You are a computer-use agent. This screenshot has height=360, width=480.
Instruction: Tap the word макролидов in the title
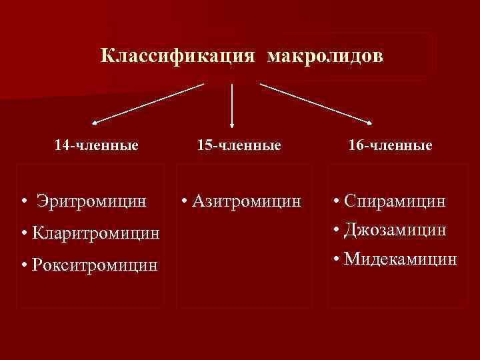pos(325,56)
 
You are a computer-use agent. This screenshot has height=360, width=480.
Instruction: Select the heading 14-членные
pos(97,145)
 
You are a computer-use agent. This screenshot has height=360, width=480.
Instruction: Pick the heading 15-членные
pos(239,145)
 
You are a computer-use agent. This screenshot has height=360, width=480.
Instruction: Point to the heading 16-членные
pos(391,145)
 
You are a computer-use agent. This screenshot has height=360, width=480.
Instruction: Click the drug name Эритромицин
pos(91,200)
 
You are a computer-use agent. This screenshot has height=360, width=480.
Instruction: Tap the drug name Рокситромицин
pos(95,265)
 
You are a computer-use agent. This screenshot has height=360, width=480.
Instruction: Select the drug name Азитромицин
pos(245,200)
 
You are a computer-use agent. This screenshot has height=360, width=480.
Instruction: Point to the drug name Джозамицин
pos(395,229)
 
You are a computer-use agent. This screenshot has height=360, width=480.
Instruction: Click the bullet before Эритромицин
pos(23,201)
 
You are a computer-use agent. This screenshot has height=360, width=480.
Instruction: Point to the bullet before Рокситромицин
pos(24,266)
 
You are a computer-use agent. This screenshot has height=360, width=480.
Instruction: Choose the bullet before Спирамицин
pos(337,201)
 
